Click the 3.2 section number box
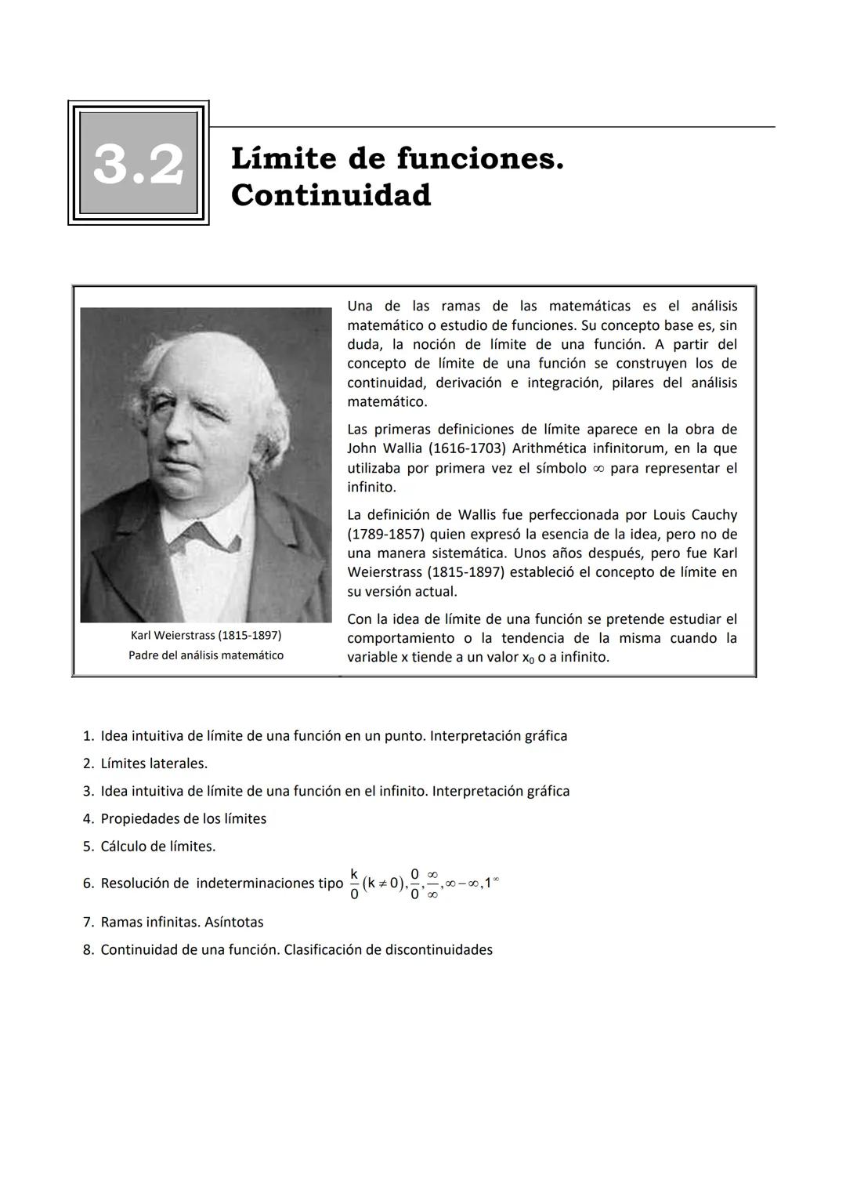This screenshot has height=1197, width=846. tap(139, 163)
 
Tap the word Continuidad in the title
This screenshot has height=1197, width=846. tap(331, 195)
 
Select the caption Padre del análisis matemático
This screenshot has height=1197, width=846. tap(206, 655)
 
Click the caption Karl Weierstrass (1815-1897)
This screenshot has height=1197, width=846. tap(206, 634)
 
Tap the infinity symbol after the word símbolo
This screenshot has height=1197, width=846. tap(598, 469)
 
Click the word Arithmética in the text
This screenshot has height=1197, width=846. tap(553, 448)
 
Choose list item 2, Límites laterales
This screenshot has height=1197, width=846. tap(154, 764)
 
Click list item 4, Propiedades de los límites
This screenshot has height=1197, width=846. tap(183, 818)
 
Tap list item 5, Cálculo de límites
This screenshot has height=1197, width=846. tap(157, 847)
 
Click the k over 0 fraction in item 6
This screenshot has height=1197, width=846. tap(354, 883)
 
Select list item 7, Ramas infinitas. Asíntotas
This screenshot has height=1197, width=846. tap(182, 922)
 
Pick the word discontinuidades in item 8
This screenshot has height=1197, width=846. tap(439, 950)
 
